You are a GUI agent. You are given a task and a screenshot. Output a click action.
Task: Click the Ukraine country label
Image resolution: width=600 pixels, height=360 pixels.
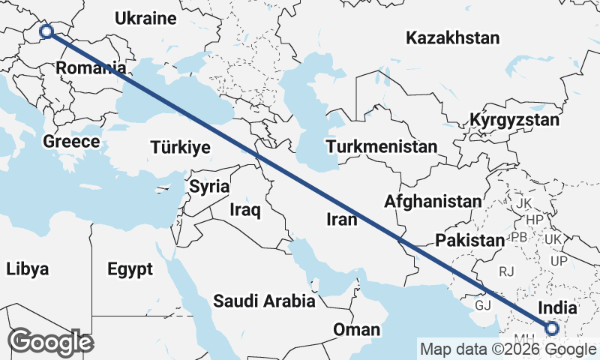[146, 19]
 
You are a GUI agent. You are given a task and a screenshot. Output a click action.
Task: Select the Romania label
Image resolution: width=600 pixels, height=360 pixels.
[90, 68]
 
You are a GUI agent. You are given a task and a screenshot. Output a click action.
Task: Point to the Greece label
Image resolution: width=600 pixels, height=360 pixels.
[71, 141]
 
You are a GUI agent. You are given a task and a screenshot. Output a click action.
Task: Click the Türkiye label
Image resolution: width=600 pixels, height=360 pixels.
[180, 147]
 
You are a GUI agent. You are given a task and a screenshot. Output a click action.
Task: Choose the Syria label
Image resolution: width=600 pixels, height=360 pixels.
[208, 186]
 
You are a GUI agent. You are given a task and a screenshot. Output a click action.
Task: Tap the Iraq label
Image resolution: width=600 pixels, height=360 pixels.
[245, 210]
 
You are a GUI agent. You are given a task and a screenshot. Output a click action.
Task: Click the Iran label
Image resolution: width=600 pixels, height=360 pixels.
[341, 219]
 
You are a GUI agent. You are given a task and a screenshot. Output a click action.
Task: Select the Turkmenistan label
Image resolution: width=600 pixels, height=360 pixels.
[382, 146]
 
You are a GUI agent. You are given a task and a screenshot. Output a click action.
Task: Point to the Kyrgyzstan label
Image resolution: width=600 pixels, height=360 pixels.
[514, 120]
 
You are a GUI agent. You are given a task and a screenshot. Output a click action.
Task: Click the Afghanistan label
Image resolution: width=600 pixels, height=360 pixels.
[433, 201]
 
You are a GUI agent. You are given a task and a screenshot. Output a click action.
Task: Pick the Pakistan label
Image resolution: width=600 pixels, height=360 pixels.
[469, 241]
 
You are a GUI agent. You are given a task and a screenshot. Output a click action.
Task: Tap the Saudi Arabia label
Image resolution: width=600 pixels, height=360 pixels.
[264, 301]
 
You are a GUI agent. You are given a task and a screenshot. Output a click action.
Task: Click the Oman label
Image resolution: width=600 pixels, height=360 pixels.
[357, 329]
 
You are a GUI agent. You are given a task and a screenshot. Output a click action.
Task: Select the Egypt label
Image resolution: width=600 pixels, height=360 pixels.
[130, 269]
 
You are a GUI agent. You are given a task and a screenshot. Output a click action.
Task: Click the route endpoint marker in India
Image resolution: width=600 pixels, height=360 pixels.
[552, 328]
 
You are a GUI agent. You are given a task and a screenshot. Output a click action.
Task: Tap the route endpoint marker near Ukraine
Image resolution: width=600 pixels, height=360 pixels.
[46, 31]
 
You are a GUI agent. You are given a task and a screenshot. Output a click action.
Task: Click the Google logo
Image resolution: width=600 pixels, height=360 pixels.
[50, 342]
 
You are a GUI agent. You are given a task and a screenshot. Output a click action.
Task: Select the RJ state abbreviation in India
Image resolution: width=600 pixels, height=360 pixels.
[508, 271]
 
